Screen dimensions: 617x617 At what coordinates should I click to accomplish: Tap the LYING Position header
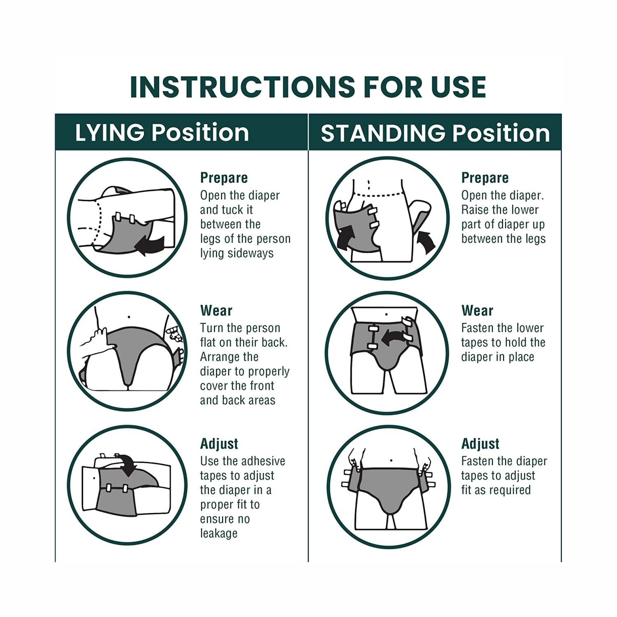(162, 133)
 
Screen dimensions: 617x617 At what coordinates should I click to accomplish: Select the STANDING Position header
(435, 133)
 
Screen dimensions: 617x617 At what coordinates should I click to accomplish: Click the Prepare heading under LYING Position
(224, 178)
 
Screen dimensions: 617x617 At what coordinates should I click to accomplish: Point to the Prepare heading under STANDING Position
(485, 178)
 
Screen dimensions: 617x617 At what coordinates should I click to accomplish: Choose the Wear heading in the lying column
(216, 311)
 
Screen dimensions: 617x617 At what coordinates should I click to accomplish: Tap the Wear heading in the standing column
(477, 311)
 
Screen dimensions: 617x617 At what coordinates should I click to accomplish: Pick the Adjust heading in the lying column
(219, 444)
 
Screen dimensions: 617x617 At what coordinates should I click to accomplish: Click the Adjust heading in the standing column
(480, 444)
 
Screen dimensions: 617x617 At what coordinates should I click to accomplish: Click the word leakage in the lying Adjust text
(219, 533)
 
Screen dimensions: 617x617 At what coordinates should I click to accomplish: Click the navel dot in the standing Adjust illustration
(391, 461)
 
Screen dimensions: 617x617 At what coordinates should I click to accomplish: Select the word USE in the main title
(457, 87)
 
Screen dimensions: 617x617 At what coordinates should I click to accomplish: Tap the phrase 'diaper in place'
(497, 357)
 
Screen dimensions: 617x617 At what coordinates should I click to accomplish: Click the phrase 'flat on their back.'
(244, 342)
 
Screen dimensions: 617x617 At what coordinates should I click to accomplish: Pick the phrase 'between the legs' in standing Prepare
(503, 239)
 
